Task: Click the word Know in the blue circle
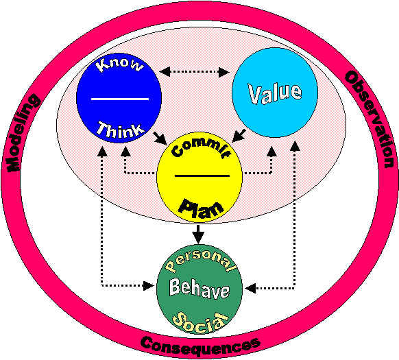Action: [x=119, y=65]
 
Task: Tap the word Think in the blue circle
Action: [x=120, y=130]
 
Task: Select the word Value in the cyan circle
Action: [x=275, y=93]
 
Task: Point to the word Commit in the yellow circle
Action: [x=201, y=149]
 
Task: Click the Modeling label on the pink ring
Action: [x=22, y=132]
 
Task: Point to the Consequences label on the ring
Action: [x=200, y=347]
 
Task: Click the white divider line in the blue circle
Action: [x=120, y=99]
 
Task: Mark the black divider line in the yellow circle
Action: [x=202, y=176]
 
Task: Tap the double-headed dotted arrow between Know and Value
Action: [x=194, y=72]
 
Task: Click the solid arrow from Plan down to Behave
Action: [x=199, y=234]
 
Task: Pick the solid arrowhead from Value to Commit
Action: [x=238, y=136]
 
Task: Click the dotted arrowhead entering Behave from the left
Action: [x=149, y=286]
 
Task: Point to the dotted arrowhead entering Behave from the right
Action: [x=250, y=289]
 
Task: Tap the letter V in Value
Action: [x=254, y=95]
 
